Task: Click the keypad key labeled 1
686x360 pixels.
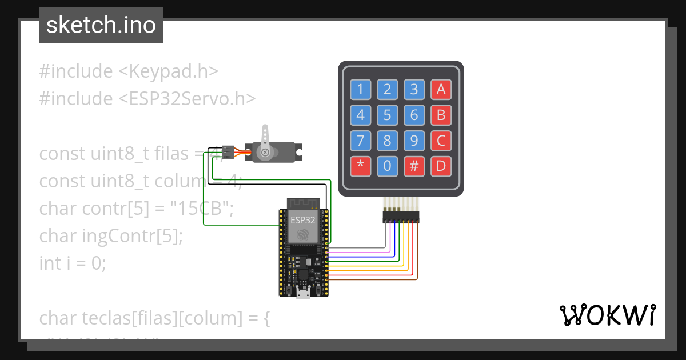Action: tap(360, 89)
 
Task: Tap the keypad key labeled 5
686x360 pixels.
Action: tap(387, 115)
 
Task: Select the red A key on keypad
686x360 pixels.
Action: tap(441, 89)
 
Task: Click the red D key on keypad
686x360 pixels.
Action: tap(441, 167)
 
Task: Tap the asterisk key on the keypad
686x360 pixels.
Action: tap(360, 167)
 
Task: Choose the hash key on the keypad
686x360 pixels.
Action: tap(414, 167)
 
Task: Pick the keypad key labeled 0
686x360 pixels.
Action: tap(387, 167)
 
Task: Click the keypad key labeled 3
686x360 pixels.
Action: tap(414, 89)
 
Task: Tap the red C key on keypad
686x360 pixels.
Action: tap(441, 141)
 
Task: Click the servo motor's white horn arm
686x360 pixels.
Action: tap(265, 137)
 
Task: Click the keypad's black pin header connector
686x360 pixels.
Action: tap(401, 217)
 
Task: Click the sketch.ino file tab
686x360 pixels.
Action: tap(101, 25)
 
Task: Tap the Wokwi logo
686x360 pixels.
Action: tap(607, 315)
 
